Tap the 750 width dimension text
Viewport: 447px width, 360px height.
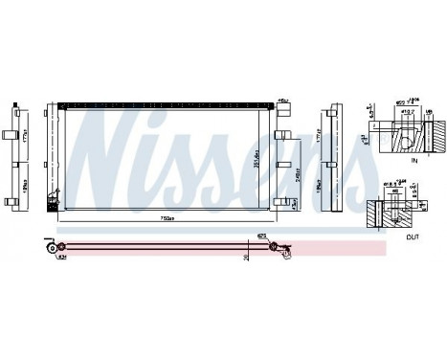tap(168, 218)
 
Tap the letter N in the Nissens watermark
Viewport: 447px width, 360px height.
tap(115, 144)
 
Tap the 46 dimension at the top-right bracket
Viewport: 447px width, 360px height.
tap(282, 100)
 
